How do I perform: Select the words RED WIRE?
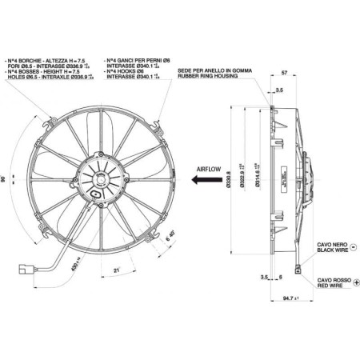tap(330, 286)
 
